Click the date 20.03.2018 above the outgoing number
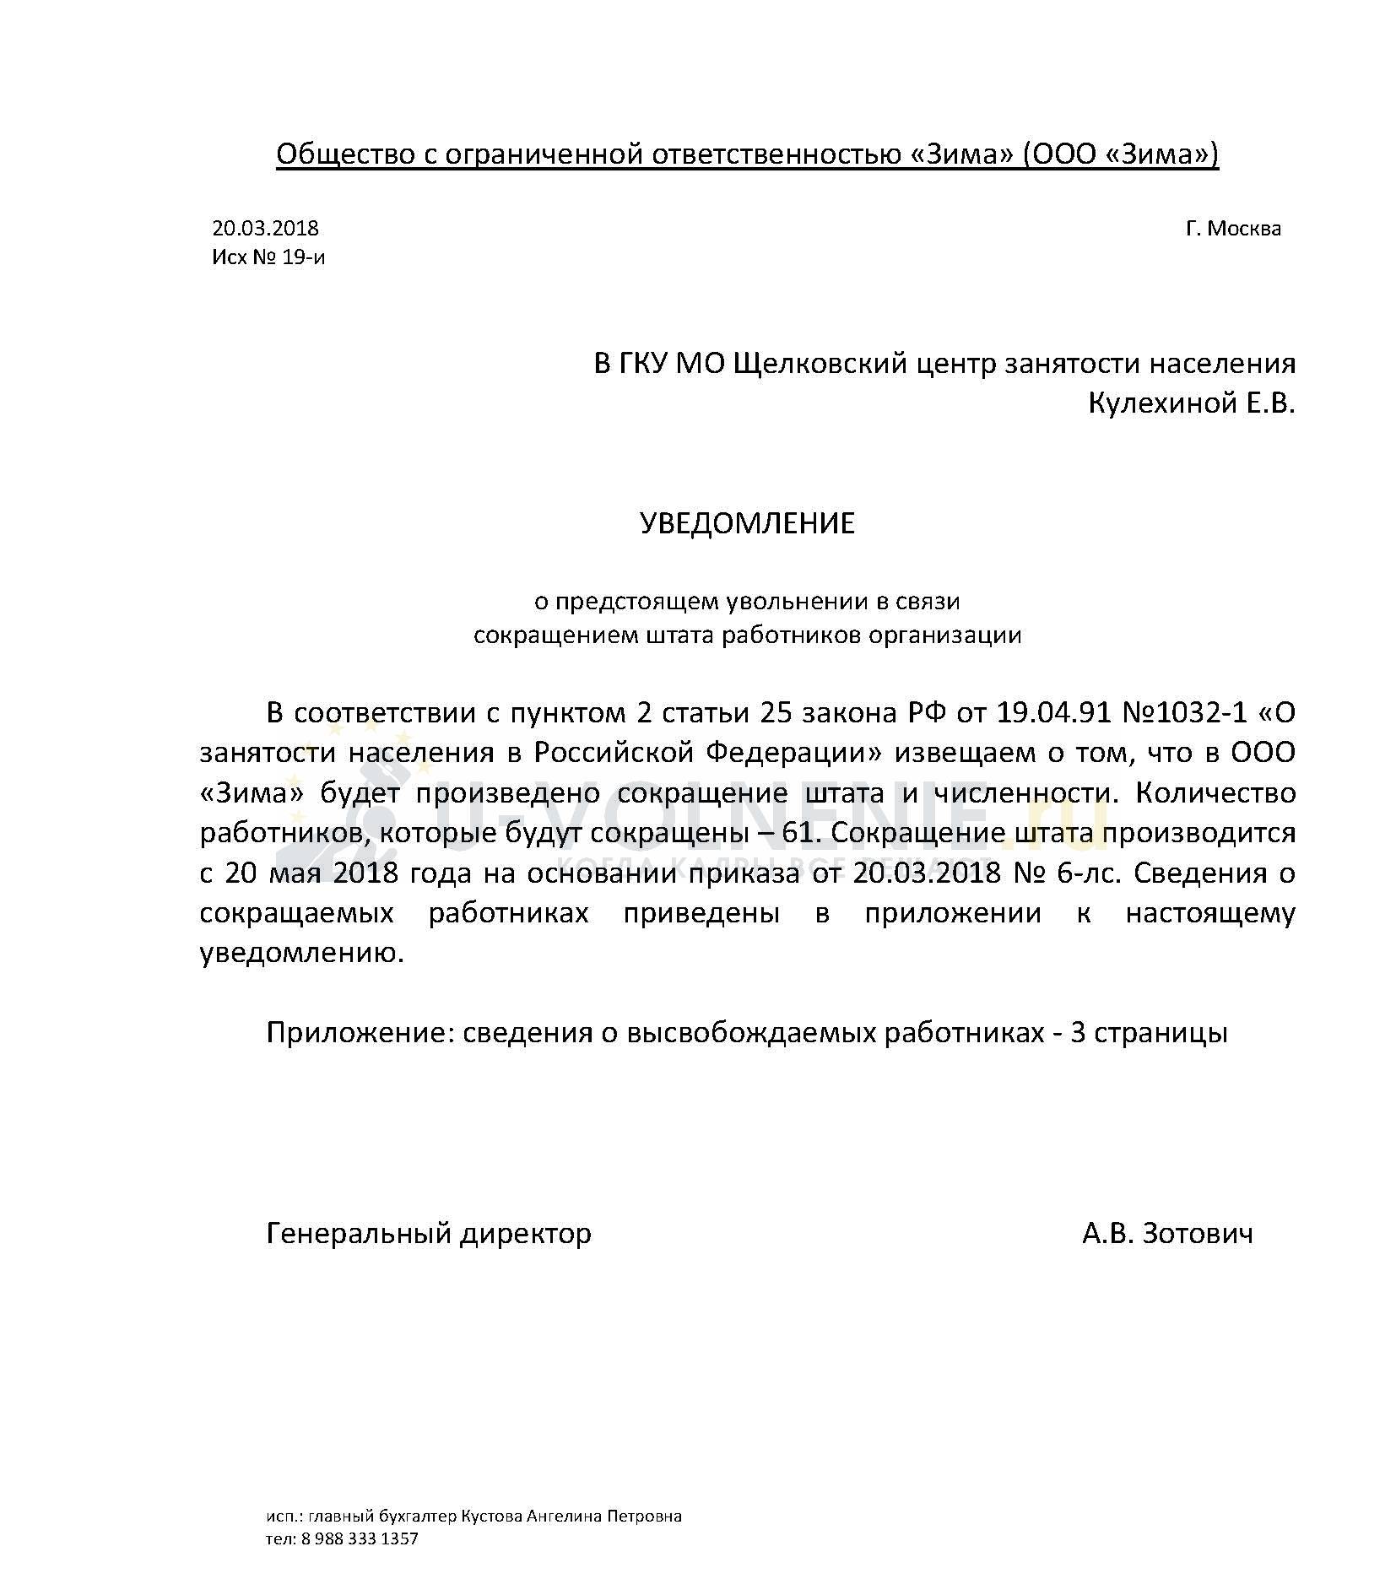[x=265, y=228]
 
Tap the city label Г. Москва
[x=1232, y=229]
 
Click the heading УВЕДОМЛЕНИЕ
[x=747, y=523]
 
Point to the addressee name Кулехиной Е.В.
[x=1191, y=404]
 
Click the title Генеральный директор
[x=429, y=1234]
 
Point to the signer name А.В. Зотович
[x=1167, y=1234]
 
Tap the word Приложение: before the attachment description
[x=359, y=1033]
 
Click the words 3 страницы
[x=1149, y=1033]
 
